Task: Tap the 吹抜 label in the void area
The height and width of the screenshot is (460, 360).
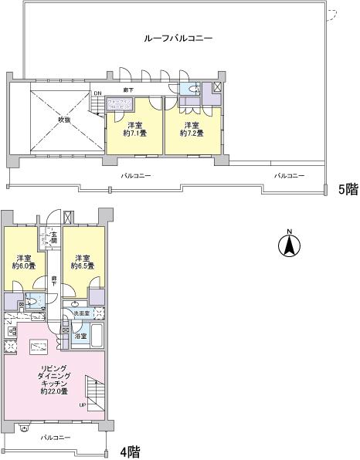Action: pyautogui.click(x=63, y=120)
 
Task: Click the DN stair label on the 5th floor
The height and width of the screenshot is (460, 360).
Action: pyautogui.click(x=97, y=94)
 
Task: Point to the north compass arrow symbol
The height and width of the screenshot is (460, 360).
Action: pyautogui.click(x=289, y=246)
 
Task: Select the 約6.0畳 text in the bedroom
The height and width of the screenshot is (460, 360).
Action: pyautogui.click(x=22, y=266)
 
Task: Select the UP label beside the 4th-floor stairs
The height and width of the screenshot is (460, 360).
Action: pyautogui.click(x=83, y=404)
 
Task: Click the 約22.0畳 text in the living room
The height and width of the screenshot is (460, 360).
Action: pyautogui.click(x=54, y=392)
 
